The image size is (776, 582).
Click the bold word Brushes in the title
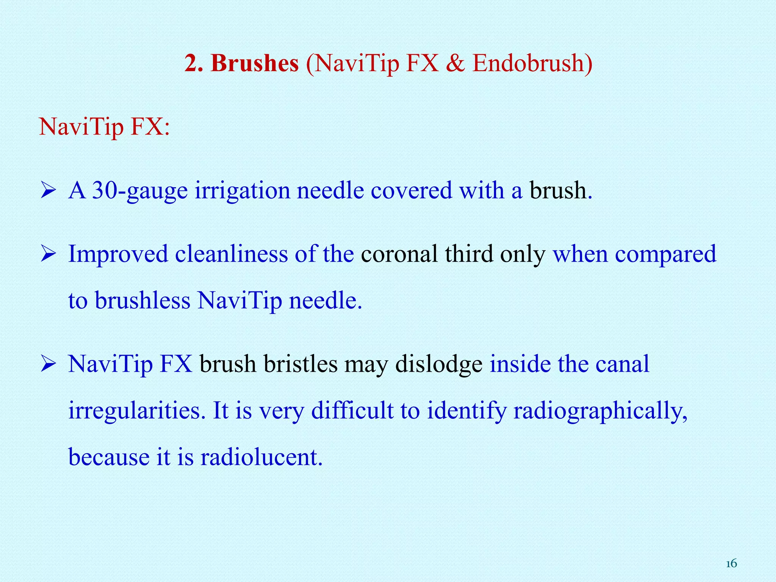click(x=255, y=63)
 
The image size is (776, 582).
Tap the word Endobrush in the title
click(x=528, y=63)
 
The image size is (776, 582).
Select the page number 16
click(x=731, y=564)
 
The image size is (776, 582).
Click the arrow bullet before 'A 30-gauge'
click(x=48, y=191)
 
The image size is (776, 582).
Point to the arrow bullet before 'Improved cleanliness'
click(x=48, y=254)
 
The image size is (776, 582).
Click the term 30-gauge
click(x=140, y=191)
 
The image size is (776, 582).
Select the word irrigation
click(x=242, y=191)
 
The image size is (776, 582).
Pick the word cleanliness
click(x=231, y=253)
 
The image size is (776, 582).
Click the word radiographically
click(x=600, y=411)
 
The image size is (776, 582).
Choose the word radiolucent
click(x=261, y=457)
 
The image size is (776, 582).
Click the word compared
click(x=665, y=254)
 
